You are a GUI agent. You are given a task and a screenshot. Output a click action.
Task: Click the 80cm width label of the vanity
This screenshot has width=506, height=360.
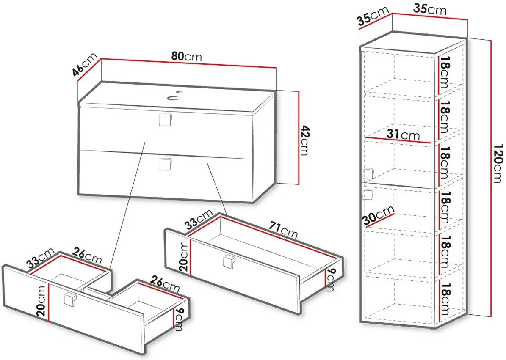tap(187, 56)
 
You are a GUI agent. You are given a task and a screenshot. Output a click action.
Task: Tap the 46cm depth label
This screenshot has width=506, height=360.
tap(85, 66)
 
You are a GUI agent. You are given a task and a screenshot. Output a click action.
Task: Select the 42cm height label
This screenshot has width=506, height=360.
tap(304, 140)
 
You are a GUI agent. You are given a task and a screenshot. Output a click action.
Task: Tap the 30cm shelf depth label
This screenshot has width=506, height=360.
tap(379, 215)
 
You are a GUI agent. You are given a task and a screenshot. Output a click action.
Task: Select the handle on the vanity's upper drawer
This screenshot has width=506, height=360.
tap(166, 120)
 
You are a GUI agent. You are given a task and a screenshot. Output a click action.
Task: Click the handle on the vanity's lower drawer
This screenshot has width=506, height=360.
tap(166, 164)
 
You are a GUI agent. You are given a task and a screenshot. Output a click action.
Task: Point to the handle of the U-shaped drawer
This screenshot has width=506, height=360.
tap(70, 300)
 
